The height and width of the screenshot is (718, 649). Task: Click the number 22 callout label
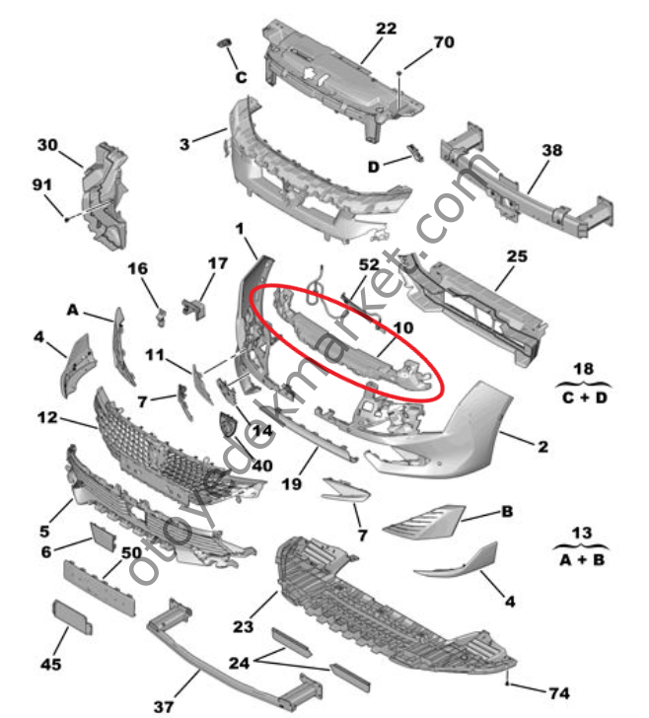coord(386,29)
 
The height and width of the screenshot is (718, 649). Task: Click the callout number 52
coord(368,265)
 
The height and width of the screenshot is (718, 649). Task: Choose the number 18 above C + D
coord(583,368)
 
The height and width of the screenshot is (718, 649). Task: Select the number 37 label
coord(163,706)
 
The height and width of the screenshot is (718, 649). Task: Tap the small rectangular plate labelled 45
coord(74,614)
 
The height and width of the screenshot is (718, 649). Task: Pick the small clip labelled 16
coord(158,315)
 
